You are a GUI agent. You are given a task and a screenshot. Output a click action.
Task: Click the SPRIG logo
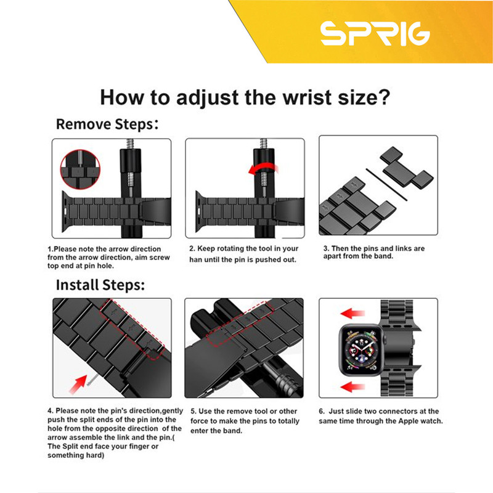(375, 34)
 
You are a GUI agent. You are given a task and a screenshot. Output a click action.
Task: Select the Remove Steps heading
(107, 124)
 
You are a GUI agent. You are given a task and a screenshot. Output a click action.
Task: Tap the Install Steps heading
(100, 285)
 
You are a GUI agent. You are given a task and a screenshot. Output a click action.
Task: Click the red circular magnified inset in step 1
(80, 169)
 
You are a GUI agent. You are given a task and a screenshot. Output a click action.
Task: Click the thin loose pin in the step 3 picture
(386, 184)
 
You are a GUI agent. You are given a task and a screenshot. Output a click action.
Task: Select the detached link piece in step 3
(407, 168)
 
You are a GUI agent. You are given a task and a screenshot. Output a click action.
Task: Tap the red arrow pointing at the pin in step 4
(78, 384)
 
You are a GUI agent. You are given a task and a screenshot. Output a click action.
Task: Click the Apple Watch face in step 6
(362, 350)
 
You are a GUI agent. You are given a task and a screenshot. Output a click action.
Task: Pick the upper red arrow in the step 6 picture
(352, 314)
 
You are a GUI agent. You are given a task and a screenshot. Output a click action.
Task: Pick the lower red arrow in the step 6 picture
(352, 386)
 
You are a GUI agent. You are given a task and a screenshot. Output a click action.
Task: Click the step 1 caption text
(109, 257)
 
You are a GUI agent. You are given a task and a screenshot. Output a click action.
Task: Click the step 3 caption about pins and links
(374, 252)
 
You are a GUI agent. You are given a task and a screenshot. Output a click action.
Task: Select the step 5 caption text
(245, 421)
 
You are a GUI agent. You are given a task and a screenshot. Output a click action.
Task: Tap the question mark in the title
(384, 97)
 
